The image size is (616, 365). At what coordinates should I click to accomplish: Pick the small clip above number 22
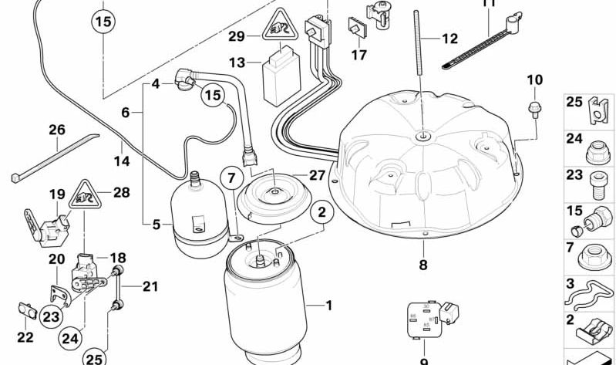27,312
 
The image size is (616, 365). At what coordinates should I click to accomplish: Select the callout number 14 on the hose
122,163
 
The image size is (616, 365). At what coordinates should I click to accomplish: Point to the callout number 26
57,130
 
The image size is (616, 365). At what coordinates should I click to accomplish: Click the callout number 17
359,56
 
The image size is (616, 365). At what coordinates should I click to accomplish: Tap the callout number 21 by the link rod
150,287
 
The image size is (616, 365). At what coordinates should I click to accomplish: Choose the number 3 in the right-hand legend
571,283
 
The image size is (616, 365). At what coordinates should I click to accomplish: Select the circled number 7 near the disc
231,179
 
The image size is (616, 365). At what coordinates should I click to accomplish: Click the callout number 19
57,194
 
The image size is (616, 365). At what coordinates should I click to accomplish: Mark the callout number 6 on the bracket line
126,113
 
